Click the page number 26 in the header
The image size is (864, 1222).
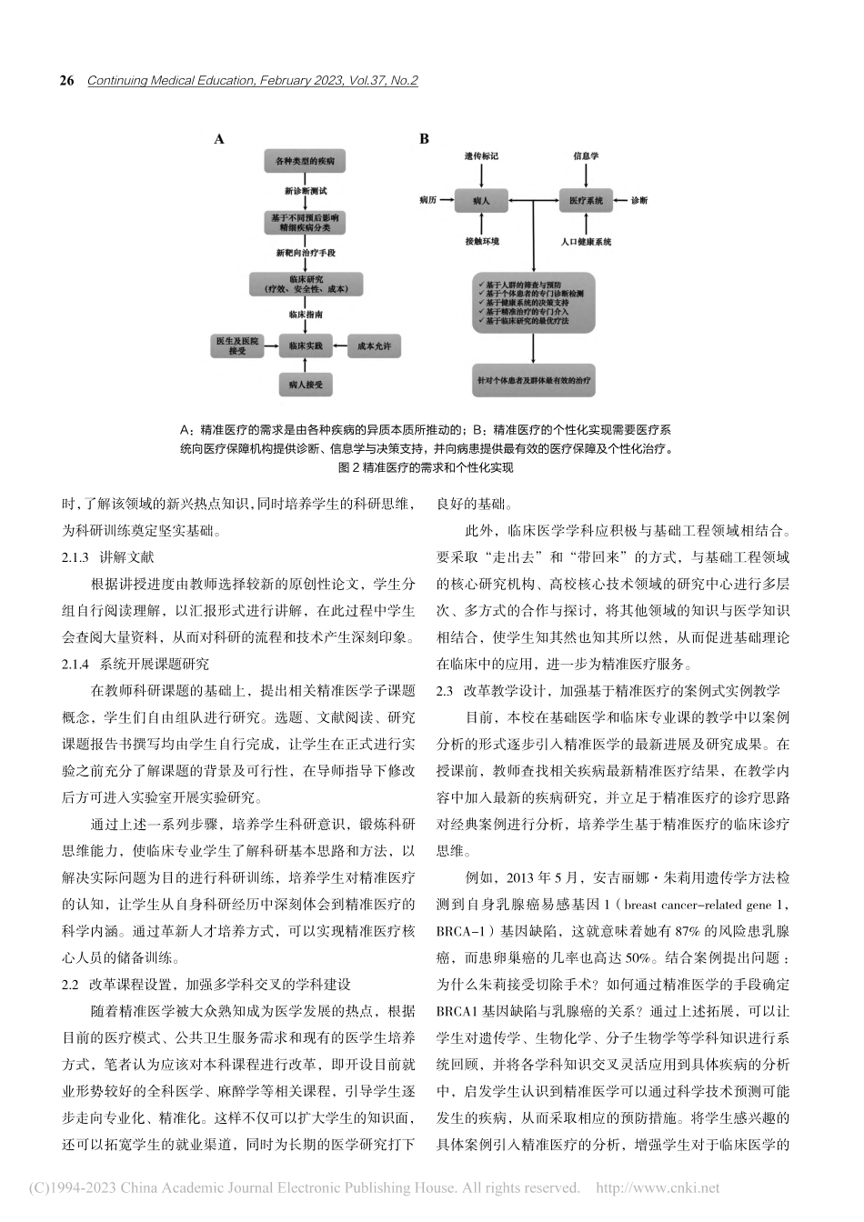click(66, 81)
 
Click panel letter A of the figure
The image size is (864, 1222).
click(219, 139)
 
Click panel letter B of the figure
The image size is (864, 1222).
click(424, 139)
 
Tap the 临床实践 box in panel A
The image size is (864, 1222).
click(306, 346)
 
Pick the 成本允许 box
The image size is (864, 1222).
click(374, 346)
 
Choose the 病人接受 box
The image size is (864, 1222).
click(306, 385)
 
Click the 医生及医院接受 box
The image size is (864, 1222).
click(236, 346)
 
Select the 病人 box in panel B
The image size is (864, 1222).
click(481, 200)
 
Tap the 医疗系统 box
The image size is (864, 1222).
click(586, 200)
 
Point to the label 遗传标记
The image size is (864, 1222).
click(481, 156)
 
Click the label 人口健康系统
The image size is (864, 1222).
click(586, 242)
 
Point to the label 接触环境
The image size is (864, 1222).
click(481, 242)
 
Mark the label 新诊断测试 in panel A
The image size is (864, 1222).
click(305, 191)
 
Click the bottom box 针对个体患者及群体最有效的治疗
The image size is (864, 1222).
click(534, 381)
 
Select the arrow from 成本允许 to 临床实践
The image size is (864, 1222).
click(340, 346)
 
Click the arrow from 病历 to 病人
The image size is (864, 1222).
click(447, 200)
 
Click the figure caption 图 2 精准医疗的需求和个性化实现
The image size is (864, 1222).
click(425, 467)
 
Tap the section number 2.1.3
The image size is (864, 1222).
click(75, 557)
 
